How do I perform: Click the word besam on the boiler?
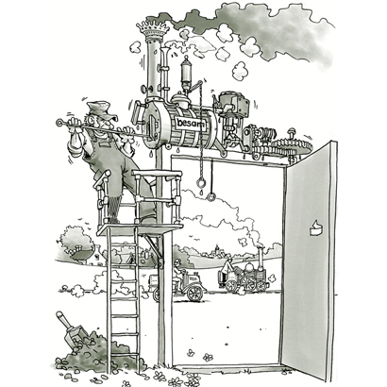point(190,123)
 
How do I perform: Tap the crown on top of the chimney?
point(153,29)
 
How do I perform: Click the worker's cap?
point(101,109)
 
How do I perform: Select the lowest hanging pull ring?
point(211,197)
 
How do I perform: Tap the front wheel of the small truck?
point(194,294)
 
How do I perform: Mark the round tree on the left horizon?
point(76,242)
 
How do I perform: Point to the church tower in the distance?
point(216,249)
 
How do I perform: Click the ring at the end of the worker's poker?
point(59,122)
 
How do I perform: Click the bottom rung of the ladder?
point(125,354)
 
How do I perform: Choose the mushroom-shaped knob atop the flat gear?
point(292,132)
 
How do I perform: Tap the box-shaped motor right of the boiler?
point(234,103)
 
